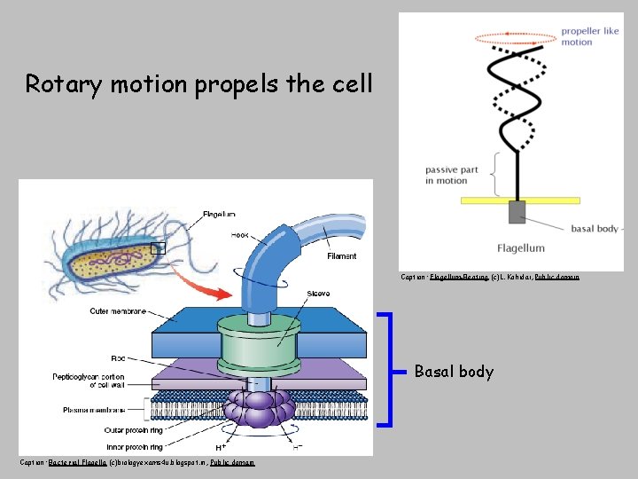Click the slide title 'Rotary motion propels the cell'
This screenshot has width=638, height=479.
click(198, 84)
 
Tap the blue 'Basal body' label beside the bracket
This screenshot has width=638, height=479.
click(454, 372)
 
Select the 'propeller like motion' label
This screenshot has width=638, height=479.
click(588, 36)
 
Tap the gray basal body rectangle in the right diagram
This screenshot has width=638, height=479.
click(517, 212)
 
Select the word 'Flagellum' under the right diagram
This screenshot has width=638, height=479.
click(520, 247)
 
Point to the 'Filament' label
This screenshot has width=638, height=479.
click(342, 256)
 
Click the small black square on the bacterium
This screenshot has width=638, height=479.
click(158, 248)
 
